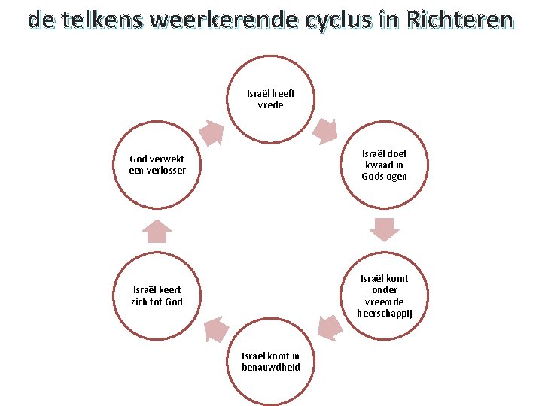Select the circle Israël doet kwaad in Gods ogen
click(x=384, y=165)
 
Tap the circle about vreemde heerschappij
click(x=384, y=295)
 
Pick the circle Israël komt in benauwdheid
click(x=271, y=361)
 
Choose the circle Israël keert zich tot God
click(x=157, y=295)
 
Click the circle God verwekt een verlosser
click(x=157, y=165)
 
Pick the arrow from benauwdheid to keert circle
click(x=216, y=329)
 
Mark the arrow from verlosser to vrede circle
click(x=212, y=133)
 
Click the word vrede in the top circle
click(x=271, y=106)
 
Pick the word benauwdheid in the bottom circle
click(x=271, y=368)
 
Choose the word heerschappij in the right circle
click(x=384, y=314)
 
